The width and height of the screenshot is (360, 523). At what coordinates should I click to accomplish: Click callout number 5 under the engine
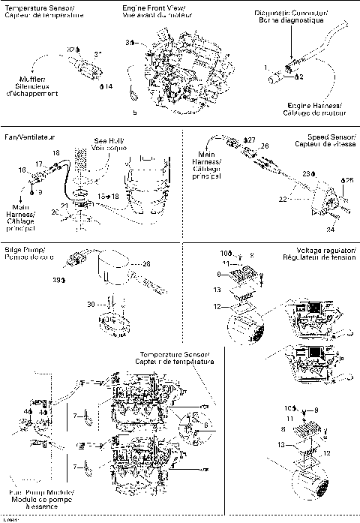point(135,113)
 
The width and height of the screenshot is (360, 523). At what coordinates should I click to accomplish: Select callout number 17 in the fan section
point(39,163)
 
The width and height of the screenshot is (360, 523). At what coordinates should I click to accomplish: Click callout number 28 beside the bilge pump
point(146,263)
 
